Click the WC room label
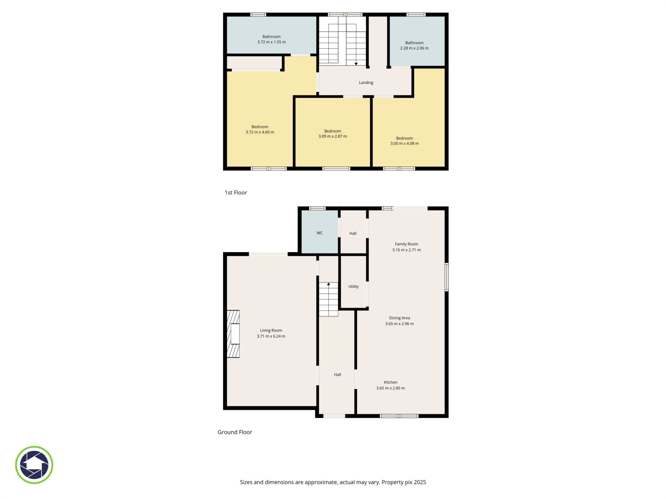click(319, 233)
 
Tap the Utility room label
click(353, 286)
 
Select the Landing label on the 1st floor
click(366, 82)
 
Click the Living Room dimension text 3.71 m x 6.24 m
click(271, 336)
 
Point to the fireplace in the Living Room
click(233, 334)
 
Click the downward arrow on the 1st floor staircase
click(356, 64)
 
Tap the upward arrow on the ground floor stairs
click(328, 284)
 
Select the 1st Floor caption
click(236, 193)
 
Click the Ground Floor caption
click(234, 432)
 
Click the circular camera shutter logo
click(34, 465)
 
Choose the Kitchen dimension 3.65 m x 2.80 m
click(390, 388)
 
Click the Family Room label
click(406, 244)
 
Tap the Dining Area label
click(399, 318)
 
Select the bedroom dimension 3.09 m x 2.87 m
click(332, 136)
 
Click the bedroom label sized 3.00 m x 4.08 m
click(404, 138)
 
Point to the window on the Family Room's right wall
click(447, 277)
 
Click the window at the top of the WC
click(317, 208)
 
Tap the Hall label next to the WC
click(353, 233)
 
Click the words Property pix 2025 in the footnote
click(404, 482)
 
